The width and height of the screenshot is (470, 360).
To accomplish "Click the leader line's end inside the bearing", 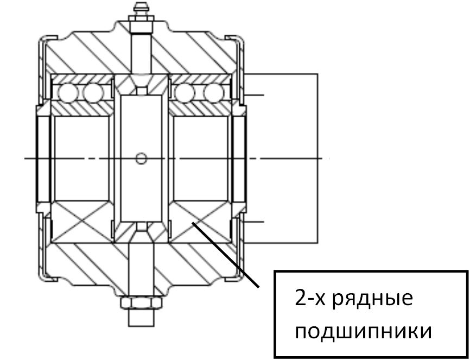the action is pyautogui.click(x=193, y=223).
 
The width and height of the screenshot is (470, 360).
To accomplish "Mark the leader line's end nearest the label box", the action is pyautogui.click(x=258, y=287).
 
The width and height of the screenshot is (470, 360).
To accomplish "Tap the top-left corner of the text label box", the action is pyautogui.click(x=275, y=271).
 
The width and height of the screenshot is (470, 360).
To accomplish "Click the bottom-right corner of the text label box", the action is pyautogui.click(x=468, y=357).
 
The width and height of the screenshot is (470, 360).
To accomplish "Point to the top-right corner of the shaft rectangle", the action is pyautogui.click(x=317, y=73).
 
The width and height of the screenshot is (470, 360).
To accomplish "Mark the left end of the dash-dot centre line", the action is pyautogui.click(x=24, y=159).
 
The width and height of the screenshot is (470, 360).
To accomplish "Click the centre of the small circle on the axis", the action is pyautogui.click(x=141, y=159).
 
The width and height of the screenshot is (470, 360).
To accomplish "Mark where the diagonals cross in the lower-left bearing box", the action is pyautogui.click(x=81, y=222).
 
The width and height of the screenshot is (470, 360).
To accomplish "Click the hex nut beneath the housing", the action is pyautogui.click(x=142, y=302).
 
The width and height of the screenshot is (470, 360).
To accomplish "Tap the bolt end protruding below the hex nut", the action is pyautogui.click(x=142, y=318).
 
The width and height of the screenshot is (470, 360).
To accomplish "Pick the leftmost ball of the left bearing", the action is pyautogui.click(x=67, y=93).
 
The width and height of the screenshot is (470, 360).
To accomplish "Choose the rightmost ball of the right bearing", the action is pyautogui.click(x=213, y=93).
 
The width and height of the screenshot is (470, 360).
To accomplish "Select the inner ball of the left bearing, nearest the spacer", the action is pyautogui.click(x=93, y=93).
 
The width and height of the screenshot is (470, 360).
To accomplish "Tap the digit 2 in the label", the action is pyautogui.click(x=300, y=298).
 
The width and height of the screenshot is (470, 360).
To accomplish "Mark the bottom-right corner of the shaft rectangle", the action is pyautogui.click(x=317, y=243).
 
